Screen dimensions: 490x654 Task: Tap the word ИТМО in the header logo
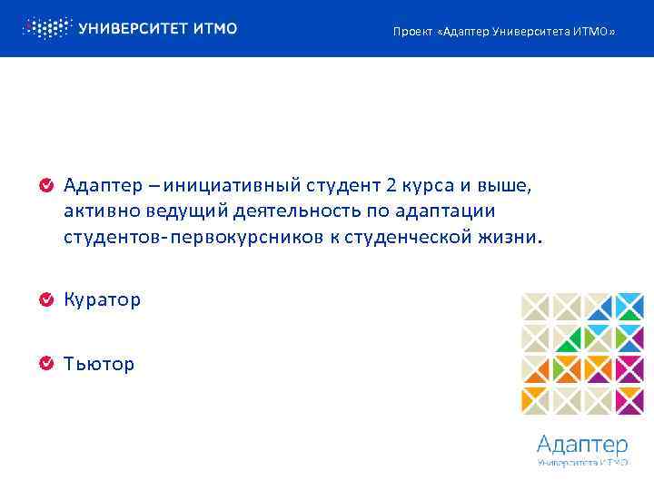click(x=215, y=28)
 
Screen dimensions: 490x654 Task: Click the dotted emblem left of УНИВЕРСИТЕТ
click(x=46, y=28)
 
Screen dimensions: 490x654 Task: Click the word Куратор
click(x=102, y=299)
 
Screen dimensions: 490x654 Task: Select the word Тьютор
click(x=99, y=364)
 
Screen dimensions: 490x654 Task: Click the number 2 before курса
click(x=391, y=187)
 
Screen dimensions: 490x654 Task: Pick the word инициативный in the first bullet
click(x=221, y=187)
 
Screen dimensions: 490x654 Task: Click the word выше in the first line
click(x=502, y=187)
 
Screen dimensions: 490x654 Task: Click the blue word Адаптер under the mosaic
click(x=582, y=445)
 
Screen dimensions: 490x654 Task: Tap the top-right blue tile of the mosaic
click(x=629, y=307)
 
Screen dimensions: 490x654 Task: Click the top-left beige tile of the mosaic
click(x=535, y=307)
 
